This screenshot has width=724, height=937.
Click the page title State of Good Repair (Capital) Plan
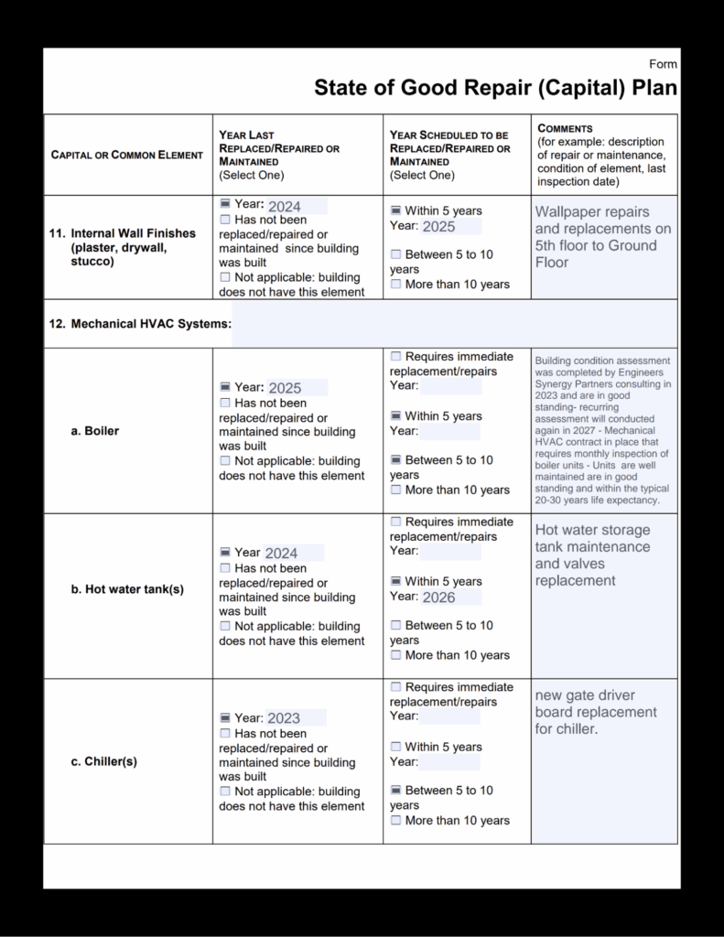495,88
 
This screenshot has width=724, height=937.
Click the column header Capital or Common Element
126,156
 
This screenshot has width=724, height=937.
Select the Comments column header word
565,129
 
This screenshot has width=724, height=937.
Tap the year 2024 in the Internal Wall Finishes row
284,207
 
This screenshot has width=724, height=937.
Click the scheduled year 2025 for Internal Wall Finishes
438,227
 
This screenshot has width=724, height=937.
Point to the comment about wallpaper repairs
602,237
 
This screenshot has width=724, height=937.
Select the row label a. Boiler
94,431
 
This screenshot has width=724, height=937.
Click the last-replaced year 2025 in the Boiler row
285,388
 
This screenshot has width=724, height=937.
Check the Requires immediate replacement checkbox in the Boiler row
395,357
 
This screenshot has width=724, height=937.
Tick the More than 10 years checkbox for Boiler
395,490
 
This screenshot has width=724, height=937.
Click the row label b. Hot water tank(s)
127,589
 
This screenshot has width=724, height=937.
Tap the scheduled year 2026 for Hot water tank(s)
438,598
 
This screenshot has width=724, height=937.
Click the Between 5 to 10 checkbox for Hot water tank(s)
395,626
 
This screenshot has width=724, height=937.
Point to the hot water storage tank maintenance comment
592,555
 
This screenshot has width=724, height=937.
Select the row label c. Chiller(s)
103,761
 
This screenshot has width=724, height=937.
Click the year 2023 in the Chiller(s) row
284,718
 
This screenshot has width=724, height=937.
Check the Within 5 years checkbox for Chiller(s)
395,748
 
